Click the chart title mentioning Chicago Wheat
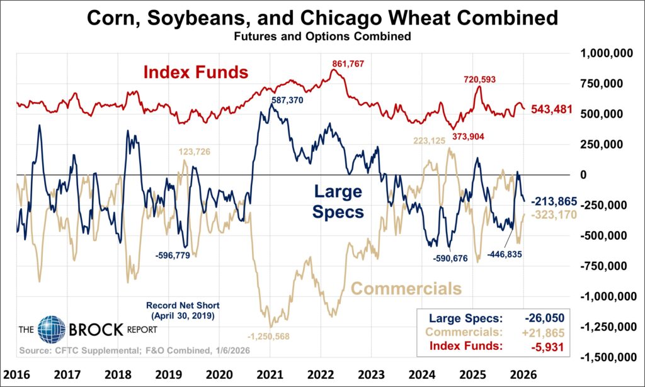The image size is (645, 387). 322,18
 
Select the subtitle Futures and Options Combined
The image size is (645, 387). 322,36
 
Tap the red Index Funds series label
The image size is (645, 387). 195,72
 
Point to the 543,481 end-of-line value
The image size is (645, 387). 552,109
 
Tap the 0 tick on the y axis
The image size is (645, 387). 583,175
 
